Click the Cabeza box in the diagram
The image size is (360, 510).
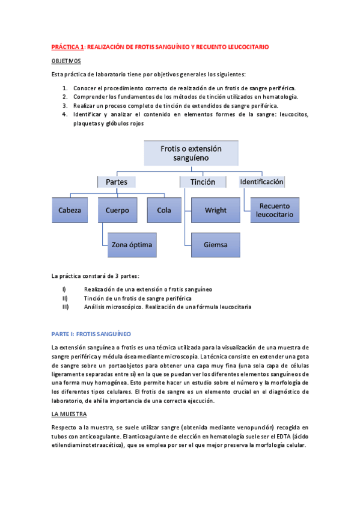click(70, 210)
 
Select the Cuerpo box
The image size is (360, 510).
click(117, 210)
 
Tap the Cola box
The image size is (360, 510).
click(164, 210)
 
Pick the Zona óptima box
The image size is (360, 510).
click(132, 245)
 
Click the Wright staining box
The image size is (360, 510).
click(215, 210)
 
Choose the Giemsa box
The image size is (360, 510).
click(215, 245)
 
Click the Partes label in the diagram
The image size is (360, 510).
click(117, 182)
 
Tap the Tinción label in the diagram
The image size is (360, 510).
click(203, 182)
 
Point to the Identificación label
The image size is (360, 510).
click(261, 182)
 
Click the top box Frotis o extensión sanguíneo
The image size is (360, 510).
click(191, 153)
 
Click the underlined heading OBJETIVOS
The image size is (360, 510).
click(66, 61)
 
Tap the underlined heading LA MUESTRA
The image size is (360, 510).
click(69, 414)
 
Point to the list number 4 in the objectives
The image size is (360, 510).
click(64, 114)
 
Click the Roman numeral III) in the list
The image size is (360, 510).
click(65, 307)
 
